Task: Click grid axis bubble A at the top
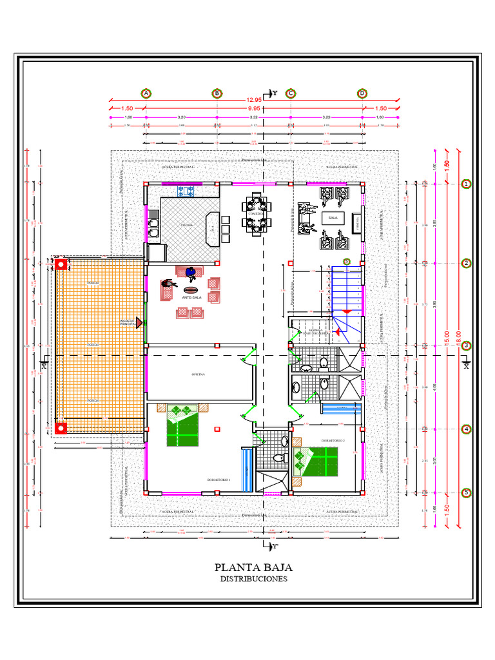(x=146, y=93)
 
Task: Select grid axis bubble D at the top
(x=362, y=93)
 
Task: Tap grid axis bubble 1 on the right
(x=466, y=184)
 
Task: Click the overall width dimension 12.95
(x=253, y=100)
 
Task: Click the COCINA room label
(x=186, y=225)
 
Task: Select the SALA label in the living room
(x=333, y=218)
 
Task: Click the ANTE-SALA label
(x=191, y=298)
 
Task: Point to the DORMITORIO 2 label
(x=334, y=441)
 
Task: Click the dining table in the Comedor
(x=256, y=213)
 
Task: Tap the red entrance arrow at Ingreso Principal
(x=139, y=322)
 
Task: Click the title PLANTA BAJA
(x=253, y=568)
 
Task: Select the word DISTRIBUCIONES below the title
(x=253, y=579)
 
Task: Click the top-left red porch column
(x=61, y=264)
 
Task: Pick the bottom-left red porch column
(x=61, y=427)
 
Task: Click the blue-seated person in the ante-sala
(x=191, y=273)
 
